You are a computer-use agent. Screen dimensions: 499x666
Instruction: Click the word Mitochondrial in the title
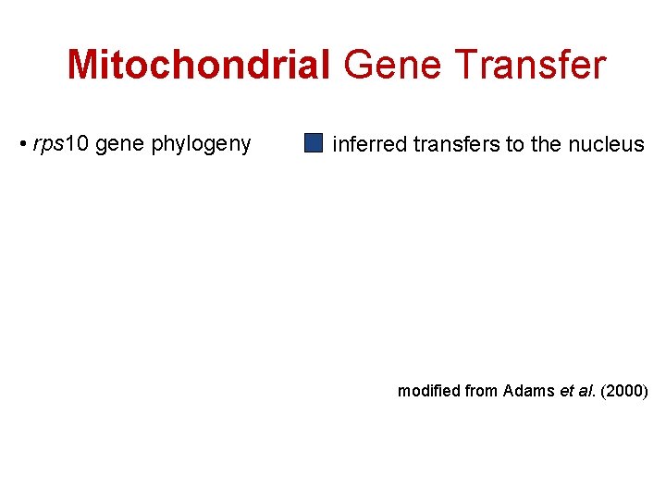click(198, 66)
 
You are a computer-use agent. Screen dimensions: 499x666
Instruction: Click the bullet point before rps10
click(22, 144)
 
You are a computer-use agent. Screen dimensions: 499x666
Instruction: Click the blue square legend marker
click(314, 143)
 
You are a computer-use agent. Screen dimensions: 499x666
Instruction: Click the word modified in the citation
click(428, 391)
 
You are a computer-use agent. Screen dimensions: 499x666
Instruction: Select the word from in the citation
click(482, 391)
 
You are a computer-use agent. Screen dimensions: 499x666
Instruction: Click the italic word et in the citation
click(566, 391)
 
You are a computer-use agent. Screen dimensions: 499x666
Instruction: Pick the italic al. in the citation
click(586, 391)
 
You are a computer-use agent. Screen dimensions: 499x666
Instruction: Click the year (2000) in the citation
click(625, 391)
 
